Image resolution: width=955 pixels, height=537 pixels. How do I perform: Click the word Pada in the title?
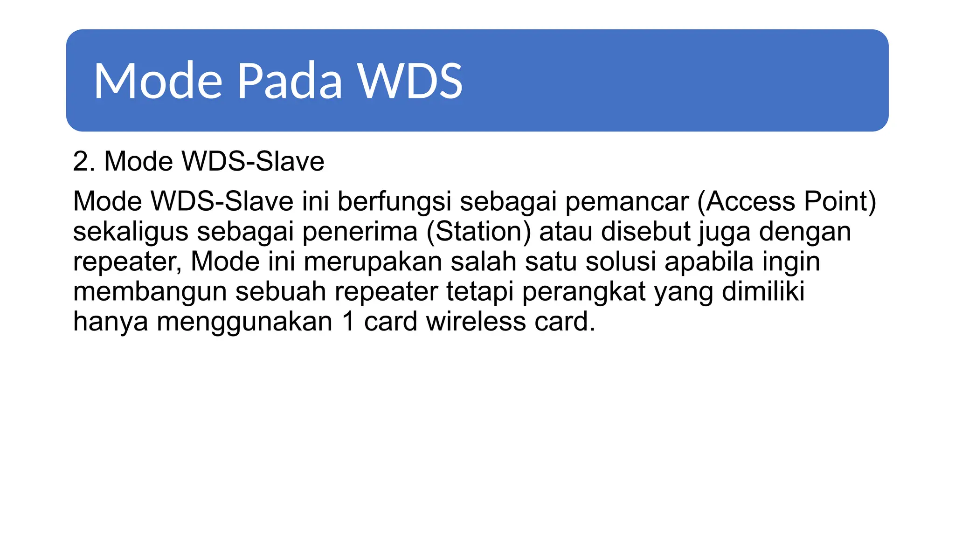(290, 81)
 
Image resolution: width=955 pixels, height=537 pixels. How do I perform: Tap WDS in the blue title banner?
(410, 81)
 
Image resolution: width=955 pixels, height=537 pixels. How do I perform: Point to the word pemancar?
(627, 201)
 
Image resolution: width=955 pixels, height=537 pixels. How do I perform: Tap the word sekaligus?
(131, 232)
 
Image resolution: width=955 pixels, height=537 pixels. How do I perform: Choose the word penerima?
(360, 232)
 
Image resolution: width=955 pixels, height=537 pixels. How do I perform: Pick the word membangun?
(150, 292)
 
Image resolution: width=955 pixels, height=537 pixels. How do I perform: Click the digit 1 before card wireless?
(348, 322)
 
